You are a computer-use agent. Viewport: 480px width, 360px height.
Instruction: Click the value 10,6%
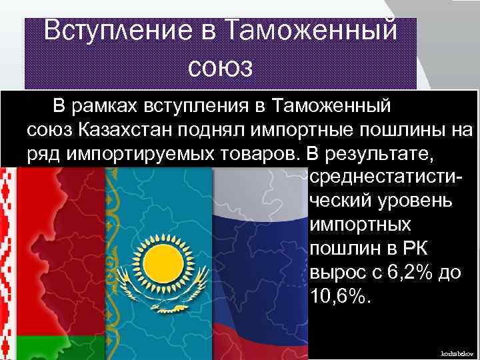tap(338, 297)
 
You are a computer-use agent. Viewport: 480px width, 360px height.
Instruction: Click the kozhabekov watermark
tap(456, 351)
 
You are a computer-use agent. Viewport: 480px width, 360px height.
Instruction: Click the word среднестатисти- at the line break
tap(387, 178)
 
